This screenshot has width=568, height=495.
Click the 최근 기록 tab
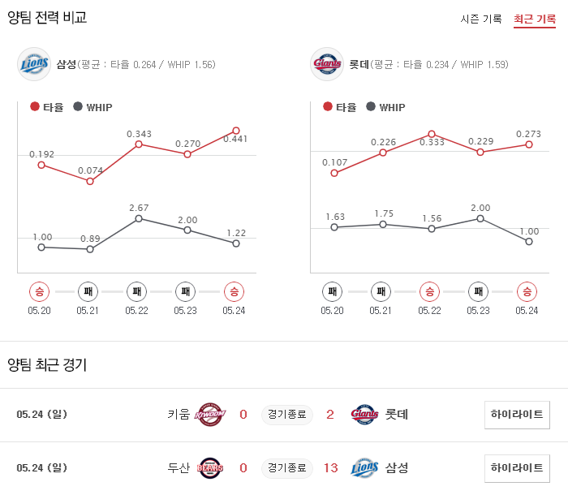coord(534,19)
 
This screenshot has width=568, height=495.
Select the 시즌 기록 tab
coord(481,19)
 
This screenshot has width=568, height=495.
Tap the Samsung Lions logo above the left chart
coord(34,64)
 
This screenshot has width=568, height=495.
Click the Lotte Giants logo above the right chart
coord(327,64)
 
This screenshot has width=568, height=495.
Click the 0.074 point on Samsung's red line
coord(90,181)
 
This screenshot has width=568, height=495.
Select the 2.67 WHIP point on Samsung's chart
coord(139,218)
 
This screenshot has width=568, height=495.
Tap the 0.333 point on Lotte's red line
coord(431,134)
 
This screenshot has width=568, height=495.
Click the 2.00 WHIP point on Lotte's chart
coord(480,218)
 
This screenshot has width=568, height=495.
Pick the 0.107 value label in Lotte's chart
coord(334,161)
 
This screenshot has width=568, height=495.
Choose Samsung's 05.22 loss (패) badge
coord(137,291)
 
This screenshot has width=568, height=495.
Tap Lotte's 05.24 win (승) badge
coord(527,291)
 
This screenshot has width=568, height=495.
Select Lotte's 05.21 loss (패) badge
coord(381,291)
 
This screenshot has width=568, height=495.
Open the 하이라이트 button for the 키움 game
coord(517,415)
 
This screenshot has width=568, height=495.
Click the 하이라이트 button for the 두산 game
coord(517,467)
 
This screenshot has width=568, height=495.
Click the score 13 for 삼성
coord(330,467)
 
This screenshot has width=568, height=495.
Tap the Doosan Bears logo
coord(210,467)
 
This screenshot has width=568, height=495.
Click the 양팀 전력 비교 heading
coord(47,17)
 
